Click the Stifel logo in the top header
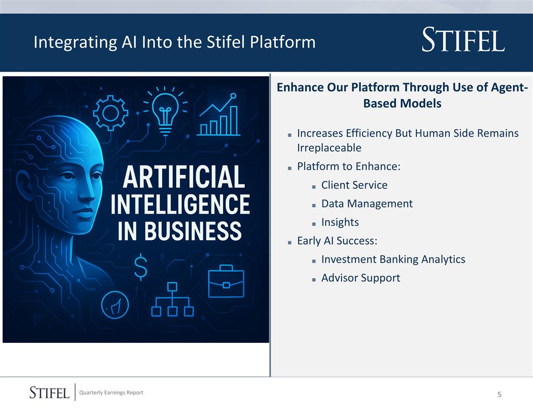click(463, 41)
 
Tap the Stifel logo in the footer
click(49, 393)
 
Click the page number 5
click(499, 394)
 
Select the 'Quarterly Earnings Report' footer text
click(115, 393)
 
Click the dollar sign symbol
click(141, 268)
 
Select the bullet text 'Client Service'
click(354, 185)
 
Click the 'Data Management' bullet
click(366, 203)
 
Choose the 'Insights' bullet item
click(340, 222)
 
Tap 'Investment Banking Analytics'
click(393, 259)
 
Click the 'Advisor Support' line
click(360, 278)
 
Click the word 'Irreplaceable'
click(329, 148)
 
